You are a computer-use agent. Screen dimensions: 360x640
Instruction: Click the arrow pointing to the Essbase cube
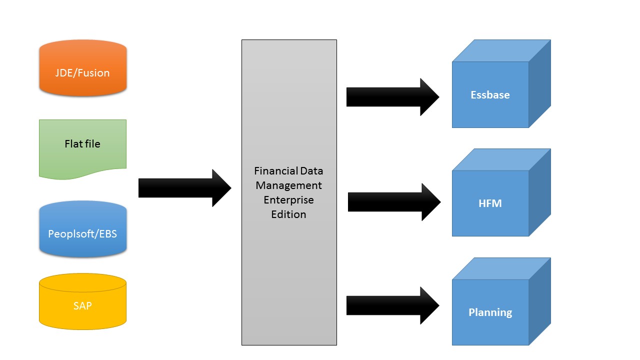pyautogui.click(x=392, y=97)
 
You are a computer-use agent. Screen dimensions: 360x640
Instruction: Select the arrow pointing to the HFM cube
pyautogui.click(x=394, y=202)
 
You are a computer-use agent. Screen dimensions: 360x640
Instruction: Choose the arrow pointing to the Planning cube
pyautogui.click(x=392, y=305)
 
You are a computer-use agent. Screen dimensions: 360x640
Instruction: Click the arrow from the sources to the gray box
pyautogui.click(x=184, y=188)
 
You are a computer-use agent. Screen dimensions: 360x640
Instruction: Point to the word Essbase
pyautogui.click(x=490, y=95)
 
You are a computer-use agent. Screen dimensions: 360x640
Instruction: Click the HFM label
pyautogui.click(x=490, y=203)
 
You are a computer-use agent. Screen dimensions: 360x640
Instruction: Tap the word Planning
pyautogui.click(x=490, y=312)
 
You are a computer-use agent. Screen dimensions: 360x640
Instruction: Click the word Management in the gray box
pyautogui.click(x=289, y=185)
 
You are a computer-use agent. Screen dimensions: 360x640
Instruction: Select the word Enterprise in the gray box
pyautogui.click(x=289, y=200)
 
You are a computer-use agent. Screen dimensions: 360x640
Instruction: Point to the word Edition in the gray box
pyautogui.click(x=289, y=214)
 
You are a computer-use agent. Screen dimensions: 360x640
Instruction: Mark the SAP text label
pyautogui.click(x=82, y=305)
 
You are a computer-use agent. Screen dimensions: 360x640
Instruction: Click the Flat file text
pyautogui.click(x=82, y=144)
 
